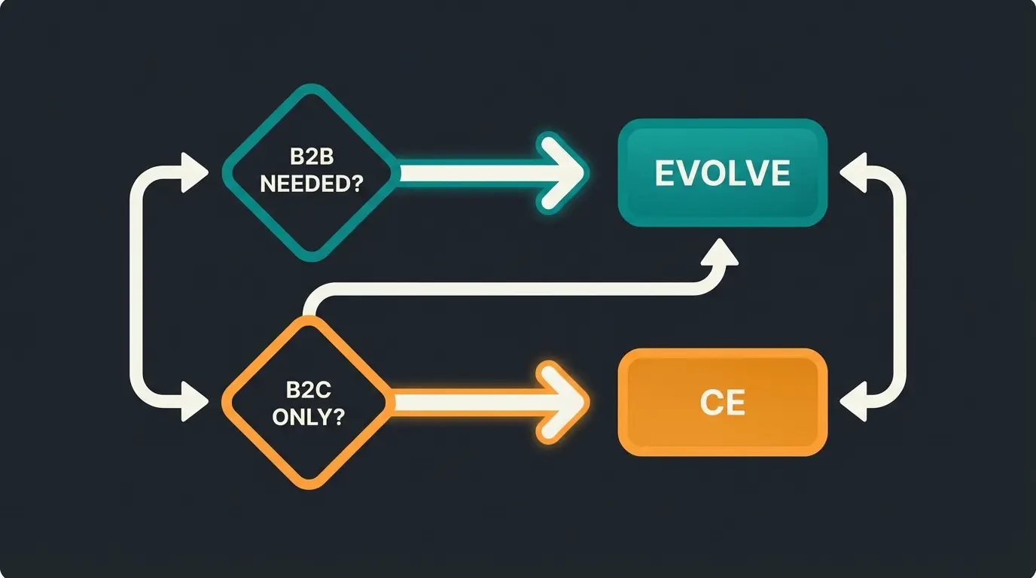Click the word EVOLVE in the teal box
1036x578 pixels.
[x=722, y=174]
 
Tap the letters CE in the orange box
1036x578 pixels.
[x=722, y=403]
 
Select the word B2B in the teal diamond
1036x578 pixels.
[x=311, y=159]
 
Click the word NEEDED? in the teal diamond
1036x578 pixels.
[x=310, y=184]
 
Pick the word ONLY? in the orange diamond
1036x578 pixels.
[x=308, y=417]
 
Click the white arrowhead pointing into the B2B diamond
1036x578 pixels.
[x=193, y=174]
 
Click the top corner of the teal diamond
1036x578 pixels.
[x=309, y=88]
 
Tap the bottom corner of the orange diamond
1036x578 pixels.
[x=308, y=486]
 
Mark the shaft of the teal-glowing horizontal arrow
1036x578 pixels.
[x=467, y=174]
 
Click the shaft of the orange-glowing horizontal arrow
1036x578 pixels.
[x=467, y=403]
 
